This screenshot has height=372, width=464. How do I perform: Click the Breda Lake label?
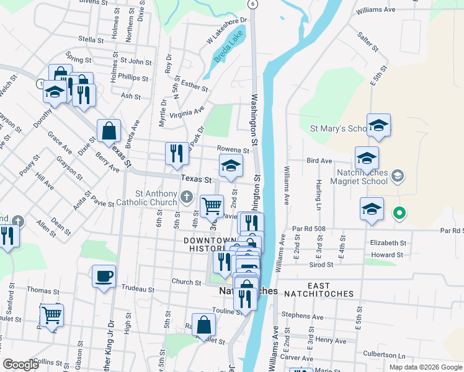click(228, 50)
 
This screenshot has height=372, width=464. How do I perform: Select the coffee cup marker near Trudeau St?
click(104, 275)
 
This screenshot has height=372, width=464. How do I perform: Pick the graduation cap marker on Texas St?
click(231, 166)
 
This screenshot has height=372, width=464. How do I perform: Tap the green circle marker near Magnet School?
click(399, 215)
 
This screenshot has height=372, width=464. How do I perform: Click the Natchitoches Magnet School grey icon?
click(398, 177)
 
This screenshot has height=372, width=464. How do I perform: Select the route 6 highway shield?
click(252, 4)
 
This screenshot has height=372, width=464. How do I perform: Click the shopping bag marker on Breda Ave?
click(109, 131)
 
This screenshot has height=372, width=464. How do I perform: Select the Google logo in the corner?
click(21, 365)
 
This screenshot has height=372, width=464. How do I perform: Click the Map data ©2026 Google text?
click(425, 367)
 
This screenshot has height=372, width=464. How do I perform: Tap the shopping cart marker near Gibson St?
click(51, 315)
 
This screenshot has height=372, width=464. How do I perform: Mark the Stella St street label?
click(91, 40)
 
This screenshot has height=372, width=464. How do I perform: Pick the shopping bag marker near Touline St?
click(203, 324)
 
